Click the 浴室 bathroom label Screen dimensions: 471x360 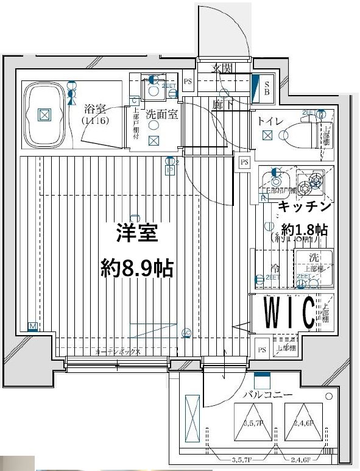point(96,110)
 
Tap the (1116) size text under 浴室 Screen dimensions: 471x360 point(95,121)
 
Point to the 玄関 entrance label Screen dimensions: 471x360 point(222,68)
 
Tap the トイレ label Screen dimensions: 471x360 point(270,121)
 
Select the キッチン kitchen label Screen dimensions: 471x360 point(305,207)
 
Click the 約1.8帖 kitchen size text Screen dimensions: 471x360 point(305,230)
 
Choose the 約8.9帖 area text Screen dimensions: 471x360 point(136,267)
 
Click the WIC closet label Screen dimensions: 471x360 point(289,312)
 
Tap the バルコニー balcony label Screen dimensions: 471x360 point(267,395)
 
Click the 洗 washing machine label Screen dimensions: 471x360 point(313,257)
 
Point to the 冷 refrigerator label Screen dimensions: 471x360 point(275,267)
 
